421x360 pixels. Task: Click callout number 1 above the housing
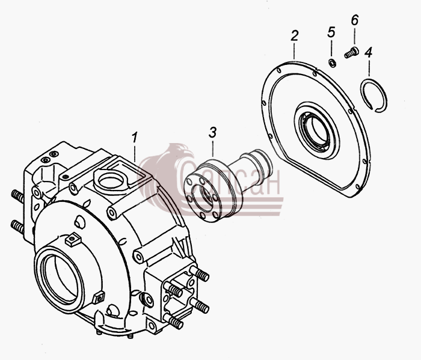coord(134,137)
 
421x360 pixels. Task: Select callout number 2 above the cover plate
coord(295,35)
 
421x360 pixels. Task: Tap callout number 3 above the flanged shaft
coord(212,132)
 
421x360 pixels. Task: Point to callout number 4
coord(368,52)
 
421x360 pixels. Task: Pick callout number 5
coord(331,32)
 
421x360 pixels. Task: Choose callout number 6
coord(354,20)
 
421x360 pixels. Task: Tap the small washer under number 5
coord(333,64)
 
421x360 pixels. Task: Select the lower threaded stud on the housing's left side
coord(17,227)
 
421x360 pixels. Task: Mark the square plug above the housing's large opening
coord(73,239)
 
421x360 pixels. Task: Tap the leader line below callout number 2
coord(295,50)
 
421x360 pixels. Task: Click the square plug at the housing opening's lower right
coord(99,297)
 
